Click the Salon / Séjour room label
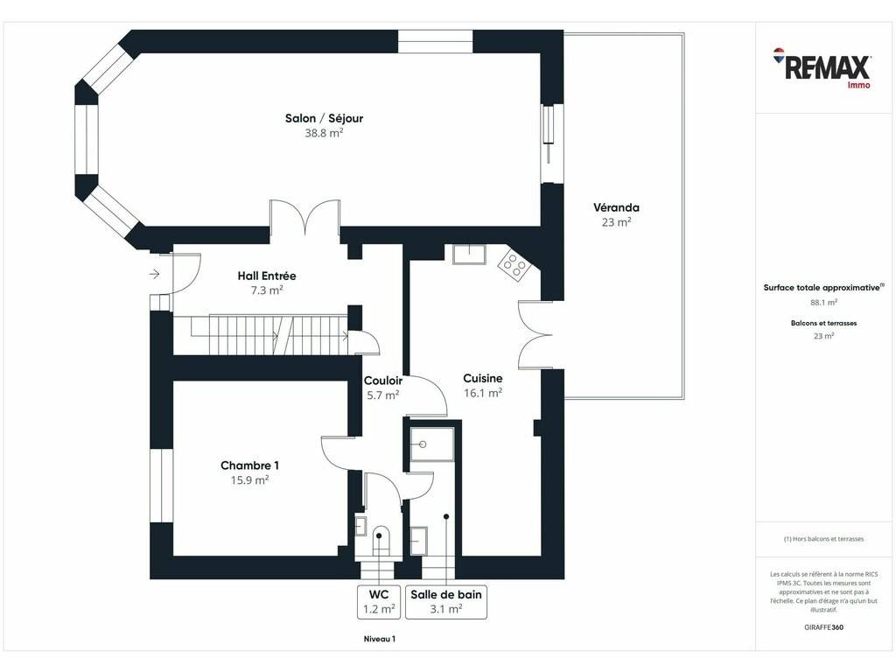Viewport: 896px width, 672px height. [324, 118]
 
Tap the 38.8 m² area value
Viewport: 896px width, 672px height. [324, 133]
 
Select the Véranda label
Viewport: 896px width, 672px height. [616, 207]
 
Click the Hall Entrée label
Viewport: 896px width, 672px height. [267, 276]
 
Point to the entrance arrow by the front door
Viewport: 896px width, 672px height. [154, 274]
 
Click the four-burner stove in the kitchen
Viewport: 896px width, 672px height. [513, 264]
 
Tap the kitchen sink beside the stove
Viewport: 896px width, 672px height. [469, 255]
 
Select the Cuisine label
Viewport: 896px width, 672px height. [483, 378]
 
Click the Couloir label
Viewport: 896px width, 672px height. [383, 381]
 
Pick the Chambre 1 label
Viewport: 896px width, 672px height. [249, 465]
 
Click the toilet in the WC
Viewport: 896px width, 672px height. [379, 540]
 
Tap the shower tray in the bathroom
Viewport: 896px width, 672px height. [432, 444]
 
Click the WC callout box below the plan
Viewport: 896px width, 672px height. [378, 602]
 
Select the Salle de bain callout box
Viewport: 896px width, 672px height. [446, 602]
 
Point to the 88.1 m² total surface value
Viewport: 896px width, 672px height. [823, 302]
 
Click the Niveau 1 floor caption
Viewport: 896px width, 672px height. [380, 639]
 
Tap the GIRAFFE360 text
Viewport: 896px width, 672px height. [823, 626]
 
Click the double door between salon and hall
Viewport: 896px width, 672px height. [305, 217]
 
